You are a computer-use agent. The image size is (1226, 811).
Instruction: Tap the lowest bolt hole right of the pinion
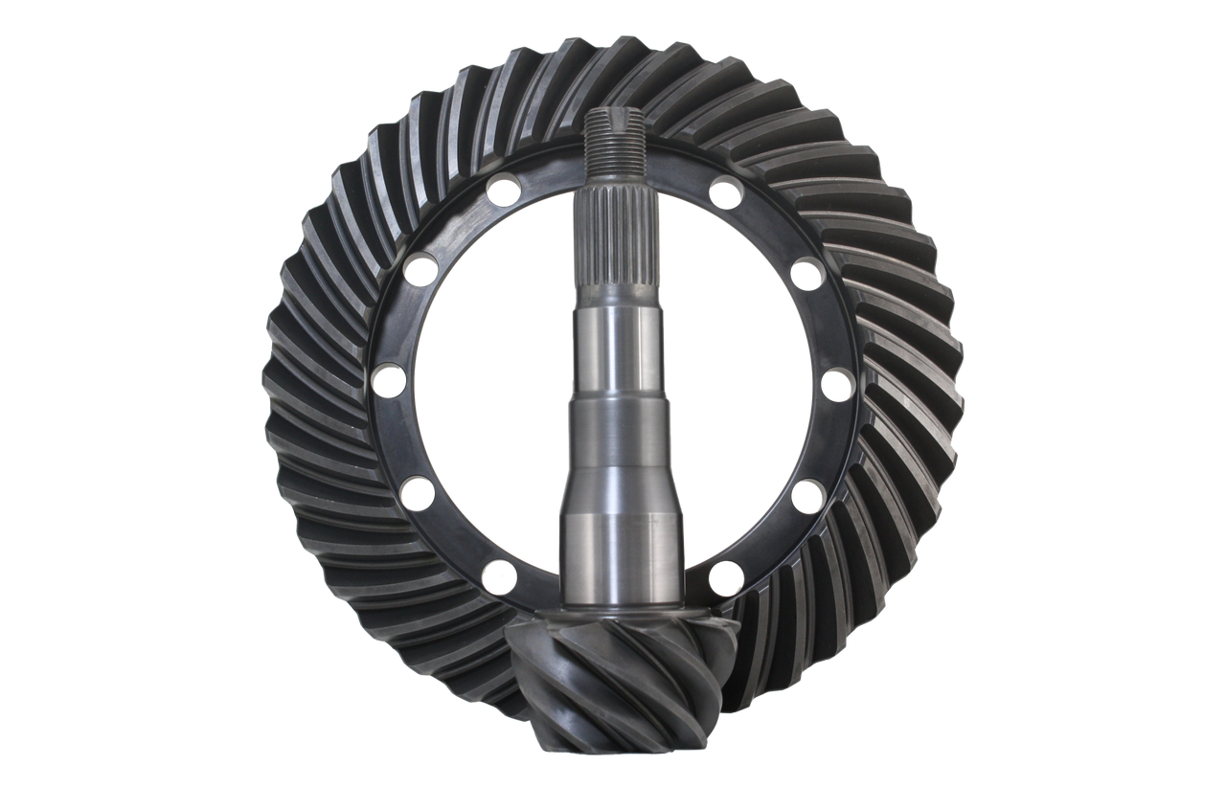725,576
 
